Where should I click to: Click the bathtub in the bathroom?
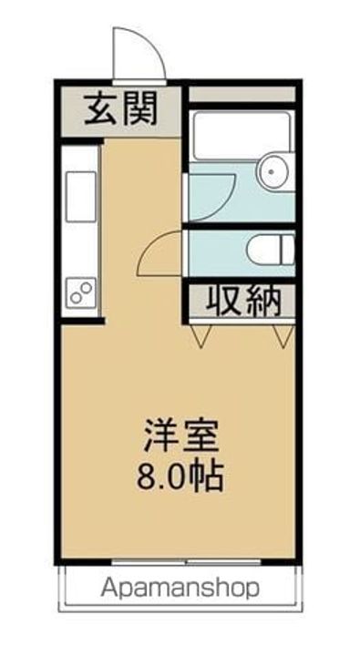pyautogui.click(x=241, y=137)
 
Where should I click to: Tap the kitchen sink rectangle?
pyautogui.click(x=80, y=194)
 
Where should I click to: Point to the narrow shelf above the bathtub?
pyautogui.click(x=242, y=95)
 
